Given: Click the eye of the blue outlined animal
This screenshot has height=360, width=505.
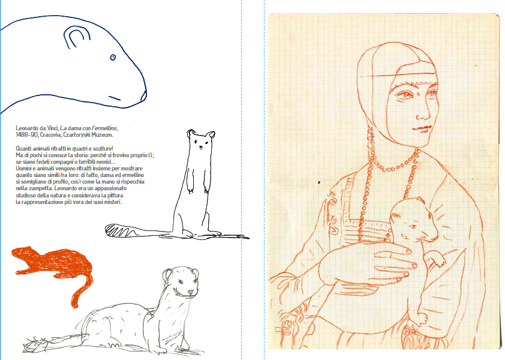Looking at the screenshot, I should [x=112, y=58].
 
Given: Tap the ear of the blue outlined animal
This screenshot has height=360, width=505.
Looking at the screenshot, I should [x=74, y=40].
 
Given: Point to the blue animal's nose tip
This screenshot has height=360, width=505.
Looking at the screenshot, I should [x=144, y=93].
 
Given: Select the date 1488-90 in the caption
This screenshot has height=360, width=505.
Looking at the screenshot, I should [x=26, y=136].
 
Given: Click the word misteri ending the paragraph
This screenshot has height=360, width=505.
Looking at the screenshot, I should [x=112, y=202].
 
